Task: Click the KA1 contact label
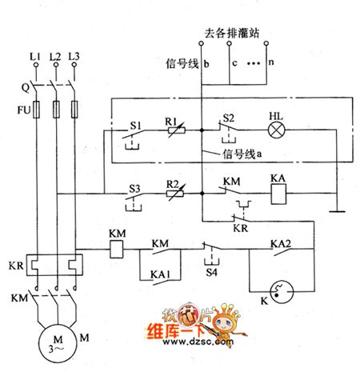pos(160,274)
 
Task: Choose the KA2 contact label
pos(280,242)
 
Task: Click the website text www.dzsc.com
pos(194,346)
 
